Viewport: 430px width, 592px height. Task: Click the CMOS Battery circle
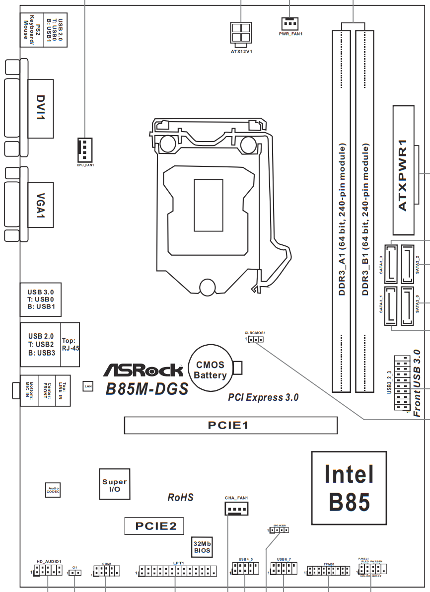click(x=210, y=371)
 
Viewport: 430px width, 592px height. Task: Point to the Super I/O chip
click(x=114, y=484)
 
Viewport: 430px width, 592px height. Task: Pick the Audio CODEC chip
click(x=53, y=490)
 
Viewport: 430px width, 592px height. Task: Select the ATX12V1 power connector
click(x=241, y=33)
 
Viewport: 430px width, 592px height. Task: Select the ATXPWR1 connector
click(x=403, y=170)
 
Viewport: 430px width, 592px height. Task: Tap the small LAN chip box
click(x=87, y=385)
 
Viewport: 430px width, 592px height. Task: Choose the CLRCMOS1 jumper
click(x=255, y=340)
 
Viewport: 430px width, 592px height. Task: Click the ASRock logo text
click(x=143, y=370)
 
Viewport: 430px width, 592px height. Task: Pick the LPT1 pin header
click(x=178, y=571)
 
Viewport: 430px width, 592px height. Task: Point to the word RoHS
click(x=180, y=497)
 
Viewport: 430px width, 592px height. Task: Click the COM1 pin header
click(x=106, y=572)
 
